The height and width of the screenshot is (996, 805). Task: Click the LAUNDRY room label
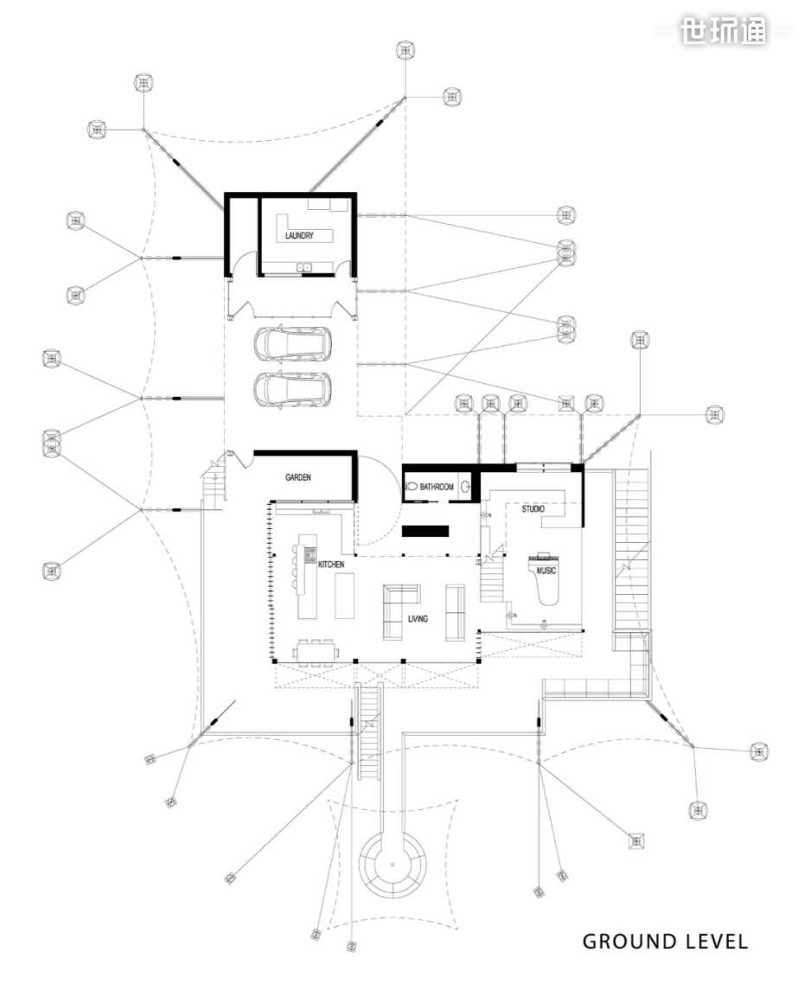pyautogui.click(x=299, y=235)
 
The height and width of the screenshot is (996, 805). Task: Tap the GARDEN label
pyautogui.click(x=298, y=477)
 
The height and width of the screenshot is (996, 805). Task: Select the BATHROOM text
pyautogui.click(x=437, y=488)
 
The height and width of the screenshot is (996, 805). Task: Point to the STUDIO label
pyautogui.click(x=533, y=509)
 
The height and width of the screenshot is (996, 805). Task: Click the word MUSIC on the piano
pyautogui.click(x=546, y=571)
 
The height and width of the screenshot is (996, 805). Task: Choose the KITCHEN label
pyautogui.click(x=331, y=565)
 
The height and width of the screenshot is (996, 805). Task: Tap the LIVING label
pyautogui.click(x=418, y=619)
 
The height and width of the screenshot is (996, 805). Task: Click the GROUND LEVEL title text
pyautogui.click(x=665, y=942)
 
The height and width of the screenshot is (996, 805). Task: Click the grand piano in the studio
pyautogui.click(x=546, y=578)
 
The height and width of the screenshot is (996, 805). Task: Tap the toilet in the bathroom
pyautogui.click(x=412, y=488)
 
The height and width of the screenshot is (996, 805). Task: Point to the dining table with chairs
pyautogui.click(x=316, y=651)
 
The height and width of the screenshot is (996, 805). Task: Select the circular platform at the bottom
pyautogui.click(x=393, y=865)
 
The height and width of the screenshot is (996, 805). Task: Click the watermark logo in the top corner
pyautogui.click(x=723, y=32)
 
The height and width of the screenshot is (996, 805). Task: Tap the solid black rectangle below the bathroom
pyautogui.click(x=425, y=531)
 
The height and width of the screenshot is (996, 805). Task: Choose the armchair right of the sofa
pyautogui.click(x=455, y=610)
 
